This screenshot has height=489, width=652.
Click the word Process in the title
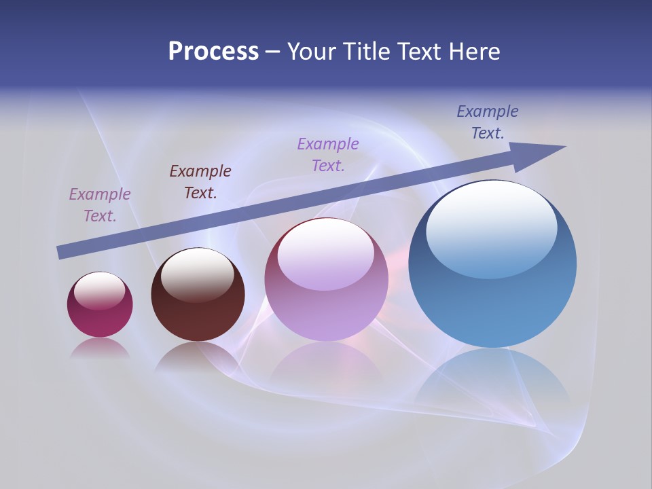[213, 52]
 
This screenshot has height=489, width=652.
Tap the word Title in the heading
[367, 52]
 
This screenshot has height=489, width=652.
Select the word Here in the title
[473, 52]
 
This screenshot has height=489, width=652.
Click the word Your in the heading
[313, 52]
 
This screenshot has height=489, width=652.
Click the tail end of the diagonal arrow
[62, 252]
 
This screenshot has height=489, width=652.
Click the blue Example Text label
[488, 122]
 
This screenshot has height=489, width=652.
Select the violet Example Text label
[328, 154]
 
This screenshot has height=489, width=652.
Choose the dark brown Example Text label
[200, 181]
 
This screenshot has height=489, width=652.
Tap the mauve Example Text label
[100, 204]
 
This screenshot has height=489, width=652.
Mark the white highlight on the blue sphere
[491, 228]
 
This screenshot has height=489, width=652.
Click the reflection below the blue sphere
[492, 380]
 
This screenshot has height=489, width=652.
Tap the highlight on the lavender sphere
[325, 255]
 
